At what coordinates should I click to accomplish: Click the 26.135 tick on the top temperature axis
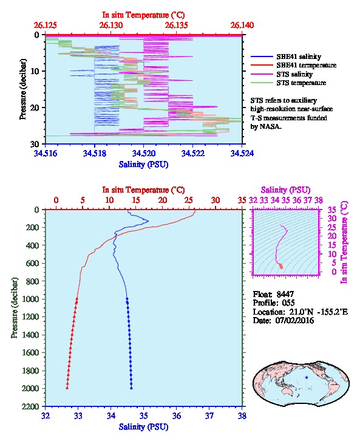pyautogui.click(x=176, y=26)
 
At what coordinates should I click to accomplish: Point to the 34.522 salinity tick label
pyautogui.click(x=192, y=153)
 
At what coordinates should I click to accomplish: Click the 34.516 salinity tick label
pyautogui.click(x=46, y=153)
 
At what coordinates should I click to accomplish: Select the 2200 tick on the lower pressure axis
pyautogui.click(x=30, y=406)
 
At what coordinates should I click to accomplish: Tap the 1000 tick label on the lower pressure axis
pyautogui.click(x=30, y=299)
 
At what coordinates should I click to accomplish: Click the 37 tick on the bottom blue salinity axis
pyautogui.click(x=209, y=415)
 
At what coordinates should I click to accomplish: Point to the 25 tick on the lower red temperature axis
pyautogui.click(x=189, y=200)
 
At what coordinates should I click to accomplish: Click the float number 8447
pyautogui.click(x=285, y=294)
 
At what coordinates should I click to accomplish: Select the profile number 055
pyautogui.click(x=288, y=303)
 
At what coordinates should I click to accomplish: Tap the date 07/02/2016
pyautogui.click(x=295, y=320)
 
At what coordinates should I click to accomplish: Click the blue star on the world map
pyautogui.click(x=307, y=377)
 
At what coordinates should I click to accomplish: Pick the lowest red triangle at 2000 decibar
pyautogui.click(x=67, y=388)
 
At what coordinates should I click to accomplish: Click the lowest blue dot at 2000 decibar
pyautogui.click(x=131, y=388)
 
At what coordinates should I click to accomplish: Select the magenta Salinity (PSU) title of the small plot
pyautogui.click(x=285, y=190)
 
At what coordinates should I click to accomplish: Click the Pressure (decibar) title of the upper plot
pyautogui.click(x=23, y=89)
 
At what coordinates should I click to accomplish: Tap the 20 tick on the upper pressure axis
pyautogui.click(x=35, y=108)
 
